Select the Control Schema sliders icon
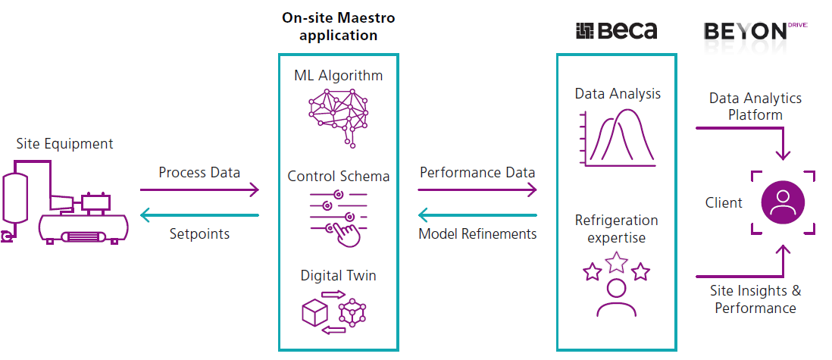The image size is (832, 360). [338, 217]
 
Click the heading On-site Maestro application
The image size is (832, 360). [338, 26]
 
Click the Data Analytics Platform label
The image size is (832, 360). [755, 107]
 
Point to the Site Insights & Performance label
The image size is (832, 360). [755, 299]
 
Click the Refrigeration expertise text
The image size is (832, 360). [616, 229]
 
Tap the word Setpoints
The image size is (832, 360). [199, 234]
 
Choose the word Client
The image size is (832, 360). [724, 203]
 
